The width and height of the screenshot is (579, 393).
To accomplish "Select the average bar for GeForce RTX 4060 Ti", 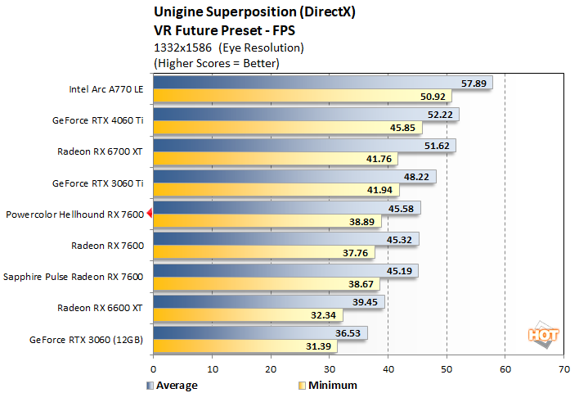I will (x=303, y=115).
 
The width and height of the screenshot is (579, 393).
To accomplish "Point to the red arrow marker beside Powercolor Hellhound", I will (x=149, y=215).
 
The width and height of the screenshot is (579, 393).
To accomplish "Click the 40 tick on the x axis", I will (x=388, y=369).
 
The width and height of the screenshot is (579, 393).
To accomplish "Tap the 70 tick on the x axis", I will (x=563, y=369).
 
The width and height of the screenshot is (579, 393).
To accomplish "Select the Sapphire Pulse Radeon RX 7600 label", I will (x=74, y=277).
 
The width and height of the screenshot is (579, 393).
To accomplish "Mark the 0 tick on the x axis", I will (x=153, y=369).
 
